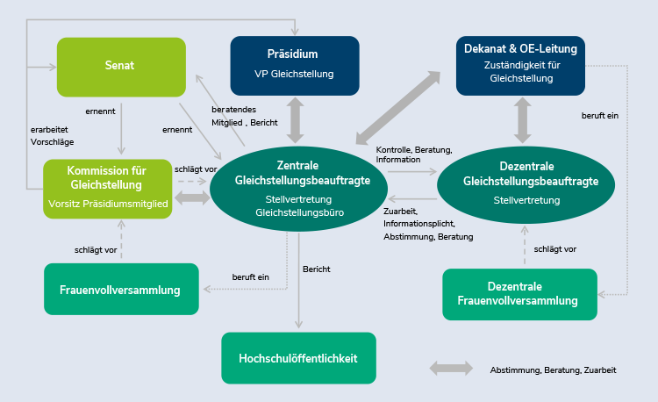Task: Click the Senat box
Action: coord(121,67)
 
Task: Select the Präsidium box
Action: coord(295,64)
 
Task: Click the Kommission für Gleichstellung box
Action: coord(107,188)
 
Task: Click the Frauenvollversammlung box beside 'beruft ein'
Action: coord(119,290)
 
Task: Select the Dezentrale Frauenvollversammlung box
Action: coord(519,293)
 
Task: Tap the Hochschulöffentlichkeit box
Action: coord(298,358)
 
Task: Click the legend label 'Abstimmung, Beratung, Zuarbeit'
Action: coord(553,370)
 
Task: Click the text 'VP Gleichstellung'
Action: coord(295,74)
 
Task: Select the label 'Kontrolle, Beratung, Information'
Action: coord(413,154)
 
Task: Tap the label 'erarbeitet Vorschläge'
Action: coord(52,135)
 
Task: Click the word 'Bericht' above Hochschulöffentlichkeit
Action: coord(316,268)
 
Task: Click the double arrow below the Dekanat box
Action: coord(523,118)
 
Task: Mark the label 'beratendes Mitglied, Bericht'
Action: coord(244,116)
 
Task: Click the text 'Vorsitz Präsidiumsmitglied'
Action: coord(107,204)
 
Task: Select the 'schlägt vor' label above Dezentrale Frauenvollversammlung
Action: coord(554,249)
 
